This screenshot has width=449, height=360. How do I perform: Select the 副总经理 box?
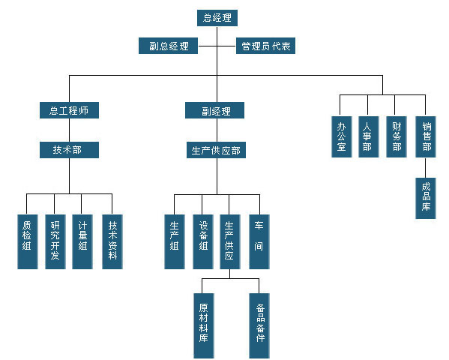click(169, 46)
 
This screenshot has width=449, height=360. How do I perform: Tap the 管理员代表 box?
click(266, 46)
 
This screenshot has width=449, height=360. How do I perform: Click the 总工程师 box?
click(69, 110)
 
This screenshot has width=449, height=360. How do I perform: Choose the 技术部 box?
click(69, 149)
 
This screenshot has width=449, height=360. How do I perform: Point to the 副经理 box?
click(217, 111)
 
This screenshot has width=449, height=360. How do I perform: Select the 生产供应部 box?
click(217, 150)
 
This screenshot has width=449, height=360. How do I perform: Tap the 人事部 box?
click(367, 136)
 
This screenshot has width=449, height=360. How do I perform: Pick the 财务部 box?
click(397, 136)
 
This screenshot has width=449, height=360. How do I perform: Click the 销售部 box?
click(426, 136)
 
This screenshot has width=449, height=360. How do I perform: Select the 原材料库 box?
click(203, 323)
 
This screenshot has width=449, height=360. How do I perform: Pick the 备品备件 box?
click(259, 323)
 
